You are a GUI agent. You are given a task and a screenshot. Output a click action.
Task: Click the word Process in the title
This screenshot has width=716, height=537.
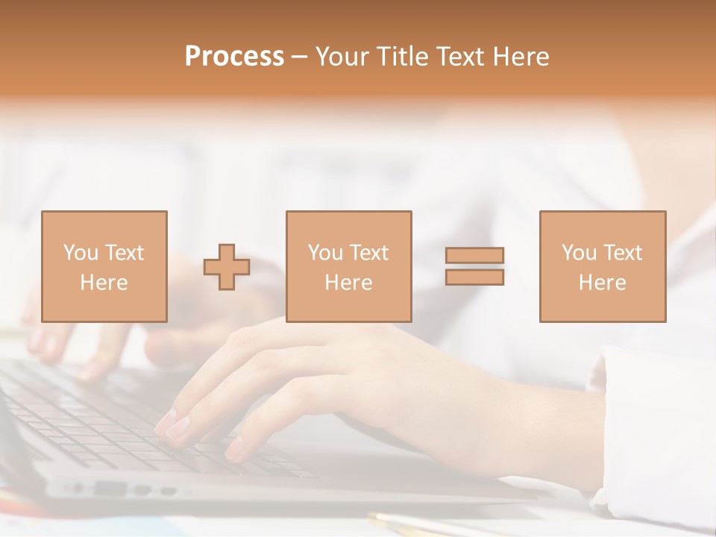point(234,57)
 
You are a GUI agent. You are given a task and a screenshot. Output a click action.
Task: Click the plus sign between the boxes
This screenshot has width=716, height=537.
point(227,267)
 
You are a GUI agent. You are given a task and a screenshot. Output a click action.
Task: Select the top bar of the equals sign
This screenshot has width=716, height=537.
point(474,255)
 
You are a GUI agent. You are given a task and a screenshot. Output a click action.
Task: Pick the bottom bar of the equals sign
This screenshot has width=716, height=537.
point(474,277)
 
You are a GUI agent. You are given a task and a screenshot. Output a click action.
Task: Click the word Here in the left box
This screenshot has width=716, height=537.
point(104,283)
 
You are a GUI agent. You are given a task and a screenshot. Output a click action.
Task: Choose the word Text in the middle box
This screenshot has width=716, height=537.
point(368,253)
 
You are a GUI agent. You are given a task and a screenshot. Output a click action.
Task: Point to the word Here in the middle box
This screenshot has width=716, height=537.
point(348,283)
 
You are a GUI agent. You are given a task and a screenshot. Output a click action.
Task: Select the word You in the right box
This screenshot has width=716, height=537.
point(579,253)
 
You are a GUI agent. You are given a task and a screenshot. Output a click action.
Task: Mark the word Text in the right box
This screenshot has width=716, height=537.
point(622,253)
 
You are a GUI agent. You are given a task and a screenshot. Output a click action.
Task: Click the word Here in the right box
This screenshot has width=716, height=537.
point(602,283)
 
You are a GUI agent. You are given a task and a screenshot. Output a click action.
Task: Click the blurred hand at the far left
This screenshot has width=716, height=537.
point(52,336)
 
